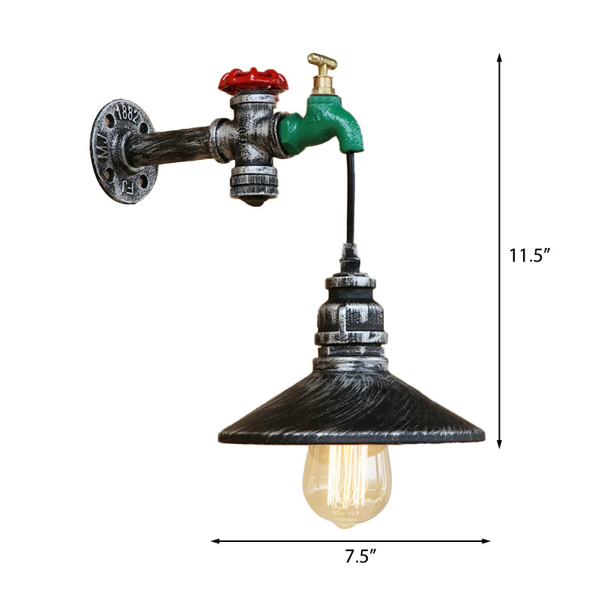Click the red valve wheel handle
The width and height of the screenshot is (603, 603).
click(254, 79)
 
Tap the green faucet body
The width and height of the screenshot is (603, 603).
click(324, 124)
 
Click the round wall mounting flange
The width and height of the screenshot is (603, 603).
click(123, 146)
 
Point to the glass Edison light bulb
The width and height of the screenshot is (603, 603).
click(348, 482)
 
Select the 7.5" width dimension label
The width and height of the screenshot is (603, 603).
click(360, 558)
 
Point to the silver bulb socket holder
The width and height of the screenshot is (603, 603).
click(350, 317)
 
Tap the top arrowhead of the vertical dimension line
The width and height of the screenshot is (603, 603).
click(499, 57)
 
